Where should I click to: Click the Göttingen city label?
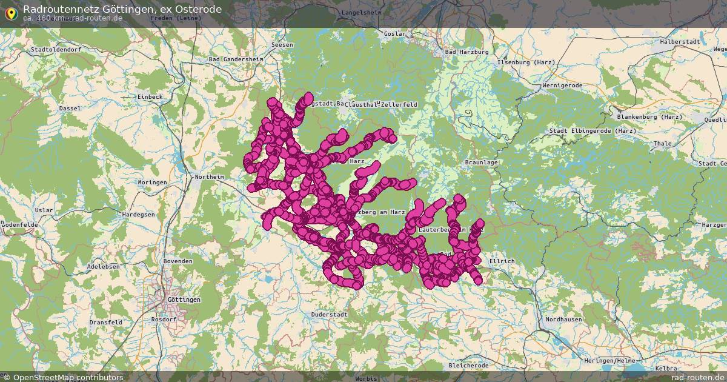pos(184,300)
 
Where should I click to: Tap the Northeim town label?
pos(209,177)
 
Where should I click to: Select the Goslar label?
pos(394,34)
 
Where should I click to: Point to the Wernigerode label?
pos(562,85)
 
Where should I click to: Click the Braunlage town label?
pos(481,163)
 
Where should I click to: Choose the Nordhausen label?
pos(563,320)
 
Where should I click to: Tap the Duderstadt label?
pos(329,315)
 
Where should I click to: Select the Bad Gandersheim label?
pos(236,59)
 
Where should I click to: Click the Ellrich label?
pos(501,261)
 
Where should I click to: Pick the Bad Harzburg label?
pos(466,52)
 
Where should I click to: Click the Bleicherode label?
pos(468,366)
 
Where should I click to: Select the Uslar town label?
pos(44,210)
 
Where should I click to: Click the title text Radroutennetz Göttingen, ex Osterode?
pos(122,9)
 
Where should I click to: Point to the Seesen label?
pos(282,45)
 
